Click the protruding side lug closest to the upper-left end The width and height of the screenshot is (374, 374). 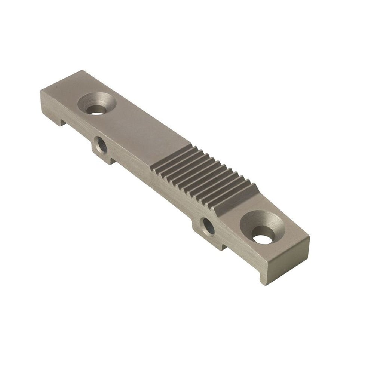[103, 150]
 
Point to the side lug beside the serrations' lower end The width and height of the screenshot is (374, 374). [209, 232]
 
